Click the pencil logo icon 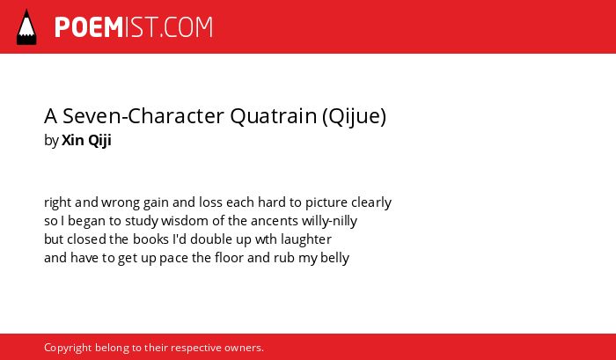tap(26, 26)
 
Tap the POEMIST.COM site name tap(134, 27)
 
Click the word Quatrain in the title tap(273, 116)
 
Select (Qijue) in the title tap(354, 117)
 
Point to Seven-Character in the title tap(143, 116)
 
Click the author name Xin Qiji tap(86, 140)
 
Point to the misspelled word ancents tap(275, 221)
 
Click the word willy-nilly tap(329, 221)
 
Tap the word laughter tap(306, 239)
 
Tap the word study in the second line tap(142, 221)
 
